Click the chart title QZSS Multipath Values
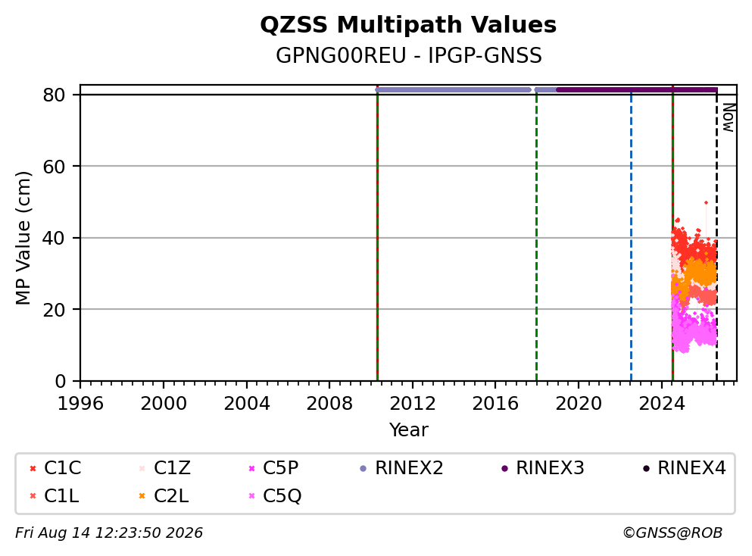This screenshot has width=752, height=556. click(x=408, y=25)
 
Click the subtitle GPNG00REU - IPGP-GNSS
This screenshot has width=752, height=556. click(x=409, y=55)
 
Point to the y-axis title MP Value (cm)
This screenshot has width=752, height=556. click(x=23, y=238)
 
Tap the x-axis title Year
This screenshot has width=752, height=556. click(x=409, y=429)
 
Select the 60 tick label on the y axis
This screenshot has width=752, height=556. click(x=54, y=167)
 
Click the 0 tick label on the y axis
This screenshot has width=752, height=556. click(x=60, y=381)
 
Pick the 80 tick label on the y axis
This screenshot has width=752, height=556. click(x=54, y=95)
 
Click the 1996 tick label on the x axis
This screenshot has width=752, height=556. click(x=80, y=404)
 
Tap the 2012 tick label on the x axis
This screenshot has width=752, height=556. click(x=413, y=404)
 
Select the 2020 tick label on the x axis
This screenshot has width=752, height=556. click(x=579, y=404)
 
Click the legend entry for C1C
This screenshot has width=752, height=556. click(x=55, y=467)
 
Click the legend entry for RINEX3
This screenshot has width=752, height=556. click(x=543, y=467)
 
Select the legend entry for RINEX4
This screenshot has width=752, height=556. click(x=685, y=467)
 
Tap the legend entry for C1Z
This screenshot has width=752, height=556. click(x=165, y=467)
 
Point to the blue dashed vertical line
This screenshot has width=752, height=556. click(x=631, y=236)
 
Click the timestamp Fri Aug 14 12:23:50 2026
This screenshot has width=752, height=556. click(x=109, y=533)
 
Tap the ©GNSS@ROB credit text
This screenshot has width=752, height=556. click(x=672, y=533)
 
